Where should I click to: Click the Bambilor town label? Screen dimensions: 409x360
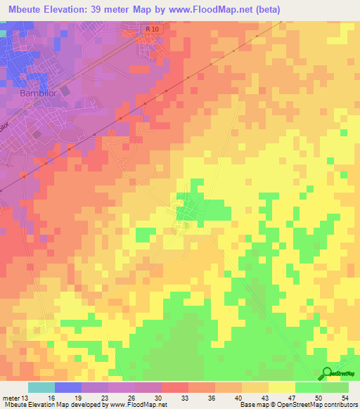coord(47,93)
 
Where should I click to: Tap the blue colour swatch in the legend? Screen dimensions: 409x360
coord(67,387)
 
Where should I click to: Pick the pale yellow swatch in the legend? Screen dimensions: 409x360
coord(281,387)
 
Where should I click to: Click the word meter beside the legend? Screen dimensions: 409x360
coord(9,398)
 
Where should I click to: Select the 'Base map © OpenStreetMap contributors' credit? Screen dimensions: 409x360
coord(298,405)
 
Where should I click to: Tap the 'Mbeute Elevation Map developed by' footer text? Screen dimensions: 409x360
coord(56,405)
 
